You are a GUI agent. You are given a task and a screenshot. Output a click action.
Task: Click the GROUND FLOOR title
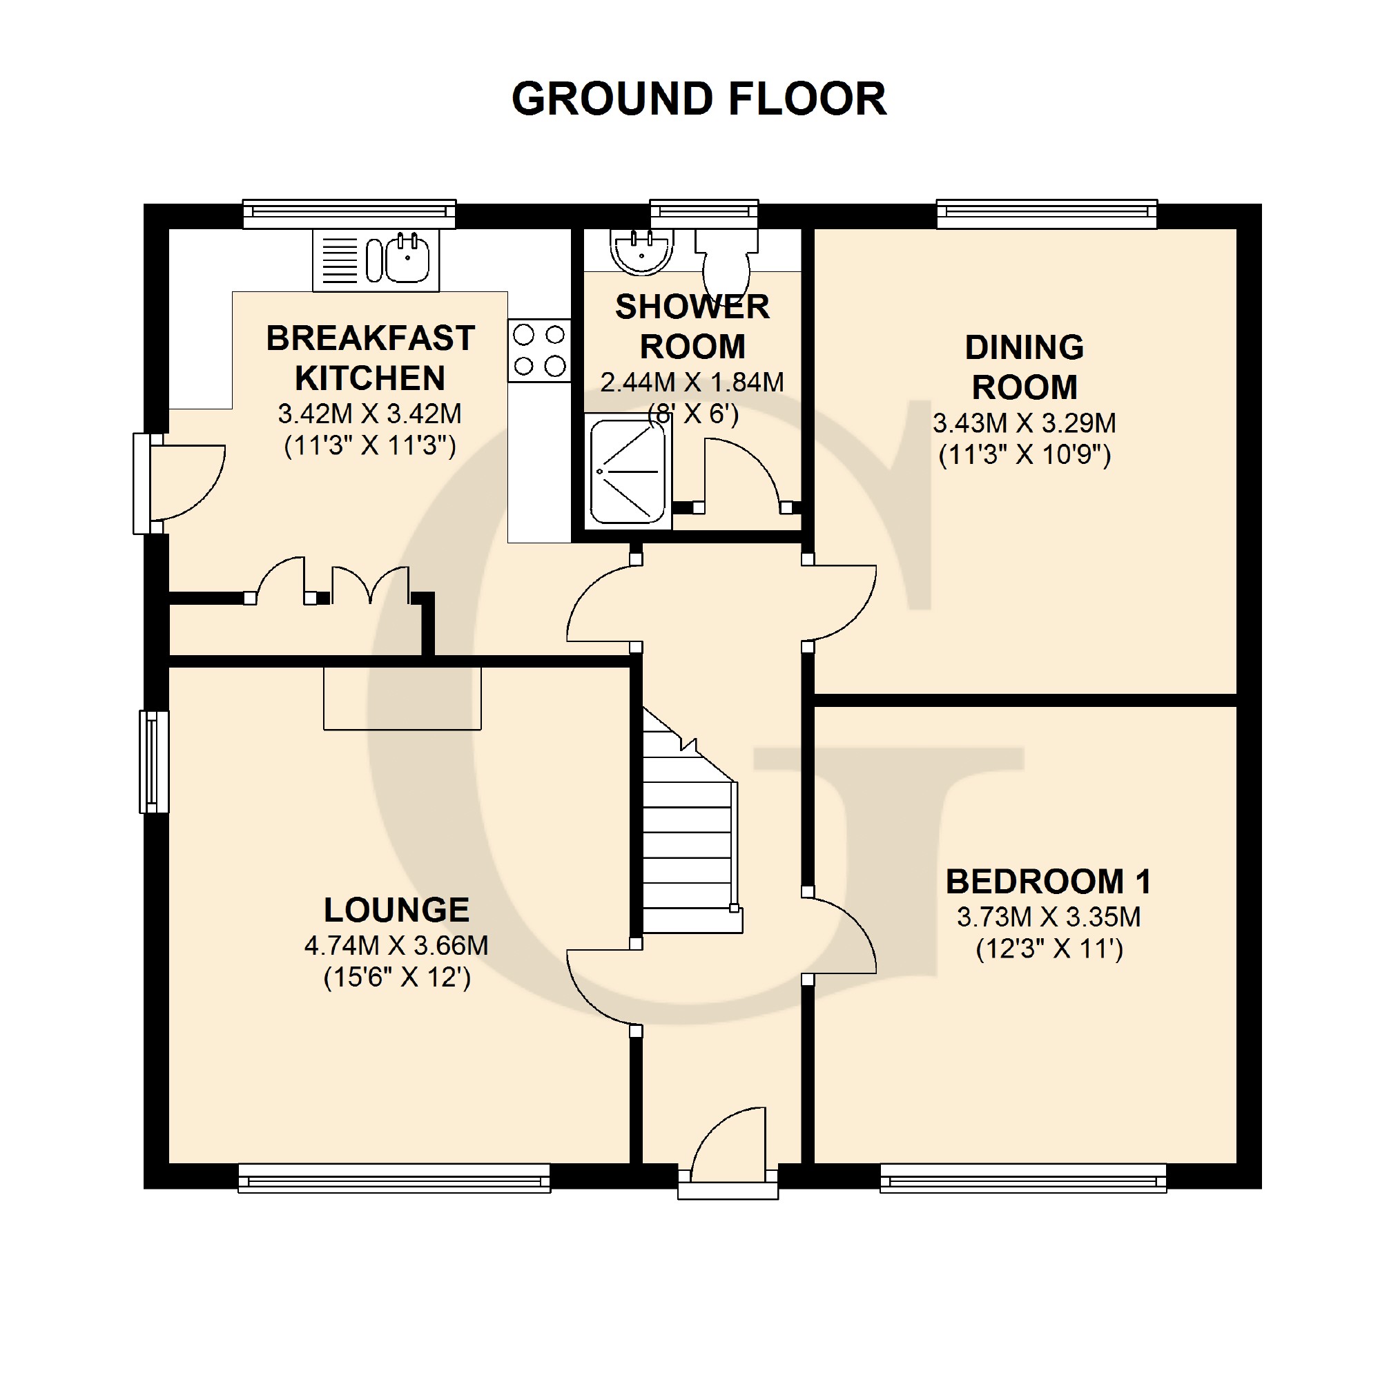[698, 99]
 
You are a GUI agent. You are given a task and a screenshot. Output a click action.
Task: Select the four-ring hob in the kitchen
[539, 350]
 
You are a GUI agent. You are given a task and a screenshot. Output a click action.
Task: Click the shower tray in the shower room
[628, 472]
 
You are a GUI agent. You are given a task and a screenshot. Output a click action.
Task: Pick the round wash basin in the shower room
[641, 251]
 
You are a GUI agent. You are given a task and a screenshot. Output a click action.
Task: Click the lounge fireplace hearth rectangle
[402, 697]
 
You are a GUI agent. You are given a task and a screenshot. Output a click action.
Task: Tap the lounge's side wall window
[153, 762]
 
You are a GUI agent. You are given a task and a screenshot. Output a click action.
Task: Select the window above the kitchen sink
[349, 213]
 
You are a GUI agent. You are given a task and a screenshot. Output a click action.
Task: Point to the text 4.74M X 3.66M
[396, 946]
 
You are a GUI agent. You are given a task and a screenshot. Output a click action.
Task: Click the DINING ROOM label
[1024, 367]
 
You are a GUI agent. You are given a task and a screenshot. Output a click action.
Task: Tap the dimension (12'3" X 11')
[1049, 949]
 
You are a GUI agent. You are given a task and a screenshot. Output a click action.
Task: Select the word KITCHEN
[370, 378]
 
